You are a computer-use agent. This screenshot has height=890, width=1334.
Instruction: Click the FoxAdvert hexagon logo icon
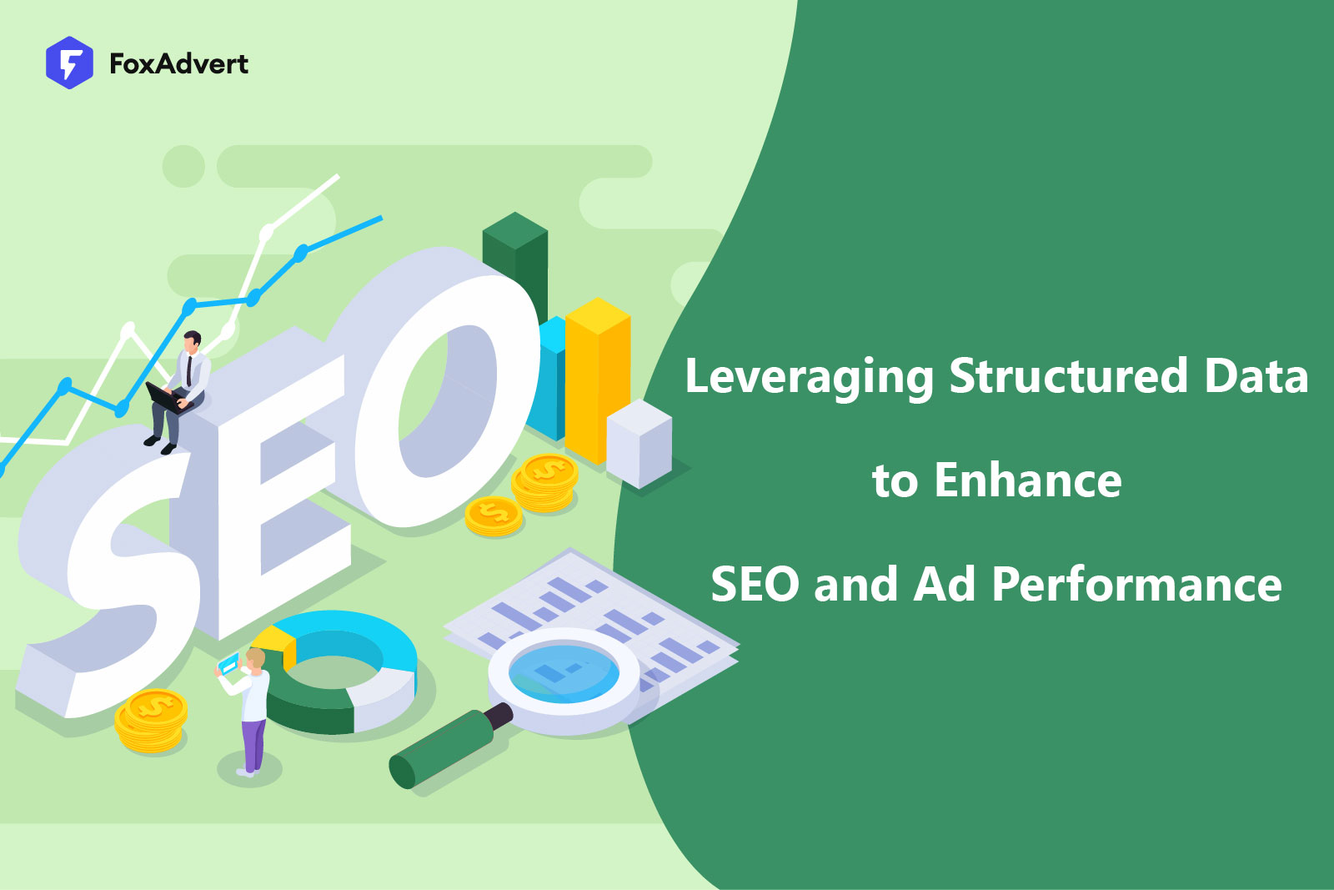point(69,63)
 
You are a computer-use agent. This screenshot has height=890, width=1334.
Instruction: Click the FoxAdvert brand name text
point(178,64)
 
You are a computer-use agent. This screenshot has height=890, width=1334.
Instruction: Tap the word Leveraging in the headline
point(808,377)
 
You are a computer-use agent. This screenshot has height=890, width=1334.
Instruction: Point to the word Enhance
point(1027,480)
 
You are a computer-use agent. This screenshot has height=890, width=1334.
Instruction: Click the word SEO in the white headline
point(755,584)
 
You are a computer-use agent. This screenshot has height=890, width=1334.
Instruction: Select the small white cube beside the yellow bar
point(639,442)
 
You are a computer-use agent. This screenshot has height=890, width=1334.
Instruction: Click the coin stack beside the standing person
point(151,721)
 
